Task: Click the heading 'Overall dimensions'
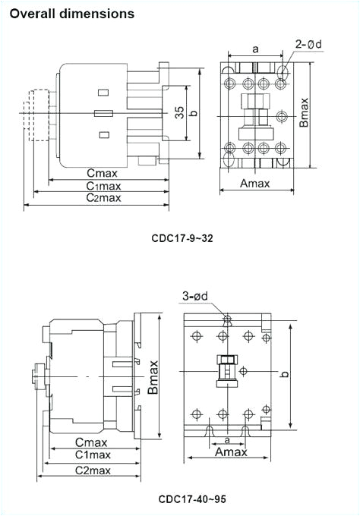coord(72,14)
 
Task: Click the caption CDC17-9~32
coord(182,238)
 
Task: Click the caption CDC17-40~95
coord(192,499)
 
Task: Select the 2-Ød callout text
coord(308,44)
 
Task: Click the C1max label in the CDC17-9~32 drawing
coord(103,186)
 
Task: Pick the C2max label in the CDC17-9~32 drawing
coord(103,198)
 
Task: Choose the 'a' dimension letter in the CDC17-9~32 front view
coord(255,49)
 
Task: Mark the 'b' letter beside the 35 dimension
coord(194,113)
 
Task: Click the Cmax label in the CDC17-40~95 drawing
coord(91,442)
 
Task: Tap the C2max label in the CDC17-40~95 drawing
coord(93,470)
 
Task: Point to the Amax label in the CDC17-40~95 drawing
coord(232,451)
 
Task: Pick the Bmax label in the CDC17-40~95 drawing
coord(153,376)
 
